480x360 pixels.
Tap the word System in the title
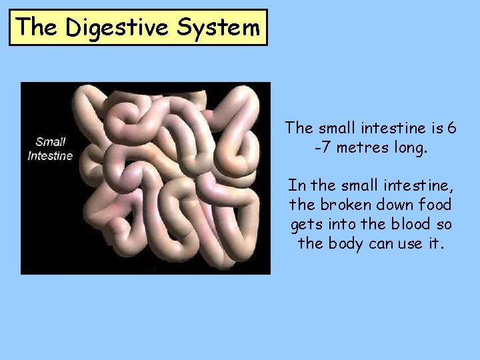pyautogui.click(x=218, y=27)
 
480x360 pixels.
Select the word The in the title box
pyautogui.click(x=37, y=27)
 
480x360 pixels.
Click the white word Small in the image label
pyautogui.click(x=50, y=141)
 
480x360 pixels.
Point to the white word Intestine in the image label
pyautogui.click(x=50, y=156)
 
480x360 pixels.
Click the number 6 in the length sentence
pyautogui.click(x=452, y=127)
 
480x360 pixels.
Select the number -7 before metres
pyautogui.click(x=323, y=147)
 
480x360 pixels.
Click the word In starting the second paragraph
pyautogui.click(x=295, y=185)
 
